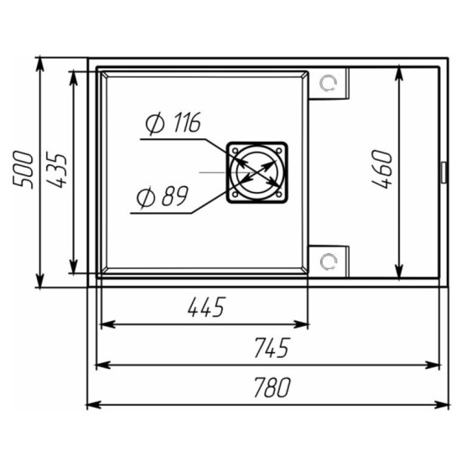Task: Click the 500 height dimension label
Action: click(23, 169)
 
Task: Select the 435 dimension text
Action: click(57, 170)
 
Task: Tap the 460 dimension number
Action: click(381, 168)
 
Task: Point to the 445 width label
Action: click(207, 307)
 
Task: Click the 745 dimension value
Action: click(272, 348)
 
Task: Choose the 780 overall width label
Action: click(272, 387)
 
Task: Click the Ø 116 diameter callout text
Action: click(174, 123)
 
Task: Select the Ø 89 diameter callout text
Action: click(163, 196)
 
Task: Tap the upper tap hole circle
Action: click(328, 84)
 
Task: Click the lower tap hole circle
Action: click(328, 261)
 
